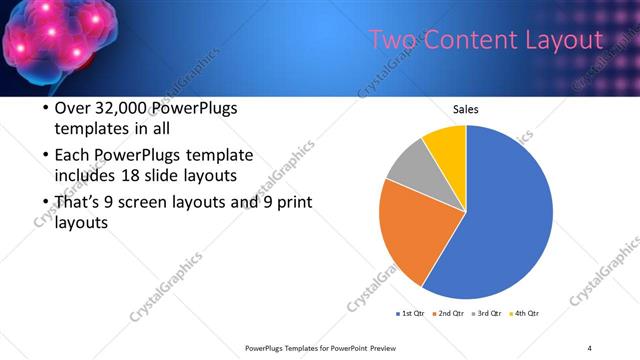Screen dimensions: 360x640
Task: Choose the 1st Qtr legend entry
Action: [x=411, y=314]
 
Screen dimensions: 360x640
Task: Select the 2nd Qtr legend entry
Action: [x=450, y=314]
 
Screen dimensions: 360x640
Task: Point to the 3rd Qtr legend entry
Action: [x=488, y=314]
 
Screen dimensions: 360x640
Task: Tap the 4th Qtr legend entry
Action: [x=527, y=314]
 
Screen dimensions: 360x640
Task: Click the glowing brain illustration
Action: [x=55, y=45]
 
